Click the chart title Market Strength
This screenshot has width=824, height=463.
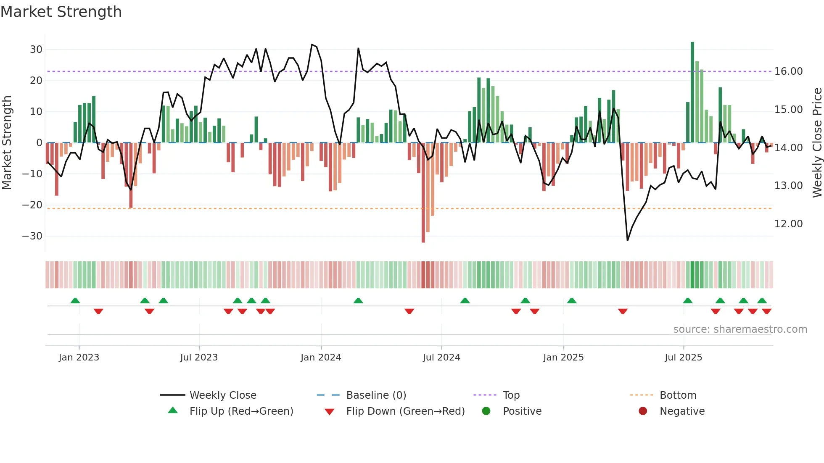coord(61,12)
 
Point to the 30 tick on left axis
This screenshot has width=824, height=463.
coord(36,50)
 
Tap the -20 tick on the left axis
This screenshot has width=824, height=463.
coord(32,205)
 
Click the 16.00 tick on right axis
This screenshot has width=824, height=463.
coord(788,71)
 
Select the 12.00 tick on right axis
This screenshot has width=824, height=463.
coord(788,224)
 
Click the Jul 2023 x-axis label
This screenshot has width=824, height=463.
coord(199,358)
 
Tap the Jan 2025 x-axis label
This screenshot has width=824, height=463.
coord(563,358)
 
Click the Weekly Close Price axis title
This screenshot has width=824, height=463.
coord(817,143)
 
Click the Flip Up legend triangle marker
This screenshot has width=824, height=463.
coord(173,410)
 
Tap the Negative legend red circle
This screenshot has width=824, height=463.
coord(643,411)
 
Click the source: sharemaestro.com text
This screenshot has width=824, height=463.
coord(740,329)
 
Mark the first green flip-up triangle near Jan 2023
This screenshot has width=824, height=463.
coord(75,301)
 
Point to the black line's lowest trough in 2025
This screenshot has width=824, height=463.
coord(627,240)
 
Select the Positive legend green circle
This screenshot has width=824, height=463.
coord(486,411)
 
